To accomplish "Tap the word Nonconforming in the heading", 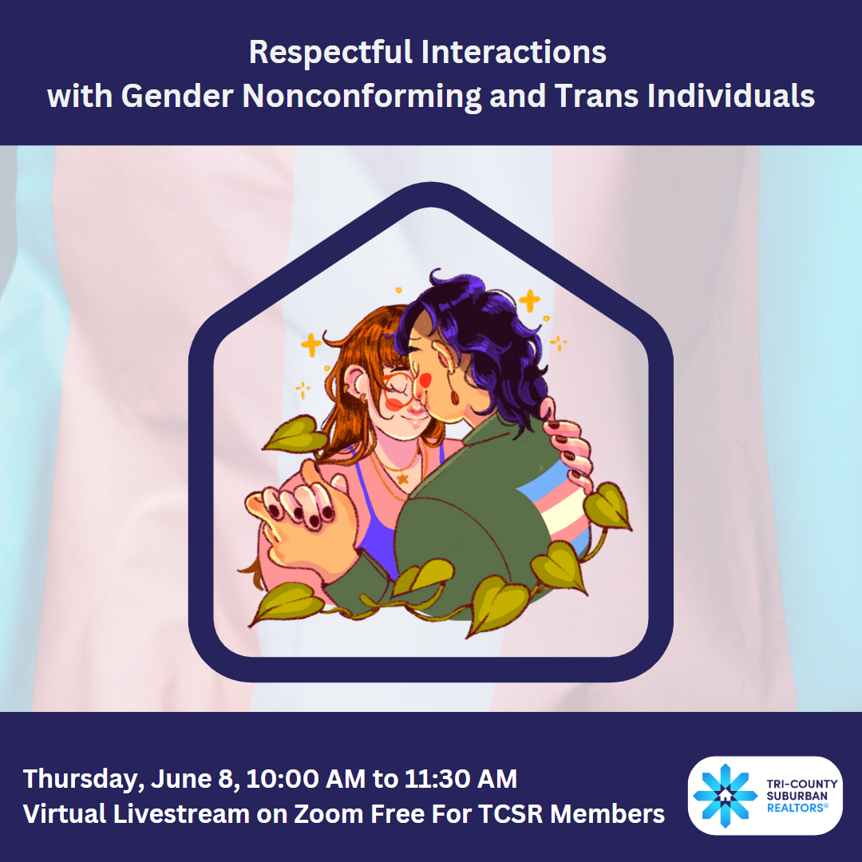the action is (362, 96).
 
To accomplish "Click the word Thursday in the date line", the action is (84, 780).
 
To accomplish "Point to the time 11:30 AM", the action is (461, 778).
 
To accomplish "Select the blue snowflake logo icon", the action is (725, 796).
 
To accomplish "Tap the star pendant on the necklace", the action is (403, 479).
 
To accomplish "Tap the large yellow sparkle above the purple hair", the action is (529, 301).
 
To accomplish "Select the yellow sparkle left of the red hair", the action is (311, 345).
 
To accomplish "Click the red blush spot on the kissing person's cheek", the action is (425, 379).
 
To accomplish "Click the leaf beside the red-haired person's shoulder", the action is (295, 434).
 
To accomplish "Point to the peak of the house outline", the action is (431, 183).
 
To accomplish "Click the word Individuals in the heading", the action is (730, 96).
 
